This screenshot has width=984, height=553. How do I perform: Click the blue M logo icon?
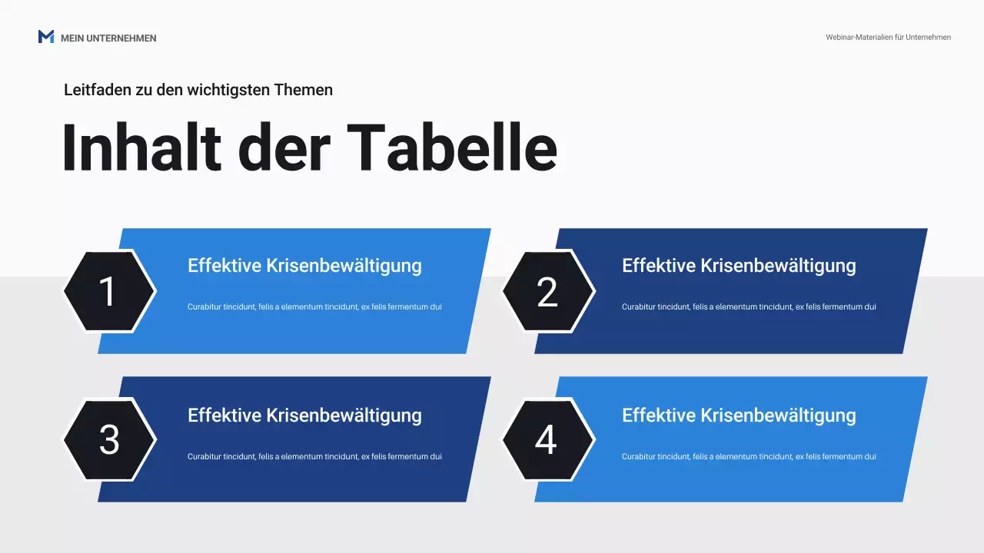(46, 37)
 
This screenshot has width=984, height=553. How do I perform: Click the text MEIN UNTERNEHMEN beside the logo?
(108, 38)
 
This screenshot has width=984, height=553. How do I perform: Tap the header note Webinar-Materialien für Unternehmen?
(888, 37)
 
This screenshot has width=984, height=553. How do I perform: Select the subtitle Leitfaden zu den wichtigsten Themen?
(198, 90)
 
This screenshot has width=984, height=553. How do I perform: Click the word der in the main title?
(284, 147)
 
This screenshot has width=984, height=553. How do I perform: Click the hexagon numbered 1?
(109, 291)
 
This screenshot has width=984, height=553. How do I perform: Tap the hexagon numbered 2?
(548, 291)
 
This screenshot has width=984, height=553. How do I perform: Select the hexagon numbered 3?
(109, 440)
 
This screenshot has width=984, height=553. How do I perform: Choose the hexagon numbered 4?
(548, 440)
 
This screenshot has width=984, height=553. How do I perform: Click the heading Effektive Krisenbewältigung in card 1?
(304, 266)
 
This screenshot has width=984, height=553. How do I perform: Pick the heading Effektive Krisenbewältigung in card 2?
(739, 266)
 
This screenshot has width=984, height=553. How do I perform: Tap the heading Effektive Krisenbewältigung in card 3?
(304, 416)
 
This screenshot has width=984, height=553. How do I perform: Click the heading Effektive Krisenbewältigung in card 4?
(739, 416)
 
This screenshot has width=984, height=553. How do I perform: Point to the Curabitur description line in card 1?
(314, 306)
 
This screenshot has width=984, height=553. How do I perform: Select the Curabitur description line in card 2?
(749, 306)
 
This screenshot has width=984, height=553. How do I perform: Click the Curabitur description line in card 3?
(314, 456)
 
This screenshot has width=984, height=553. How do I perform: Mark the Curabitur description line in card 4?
(749, 456)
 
